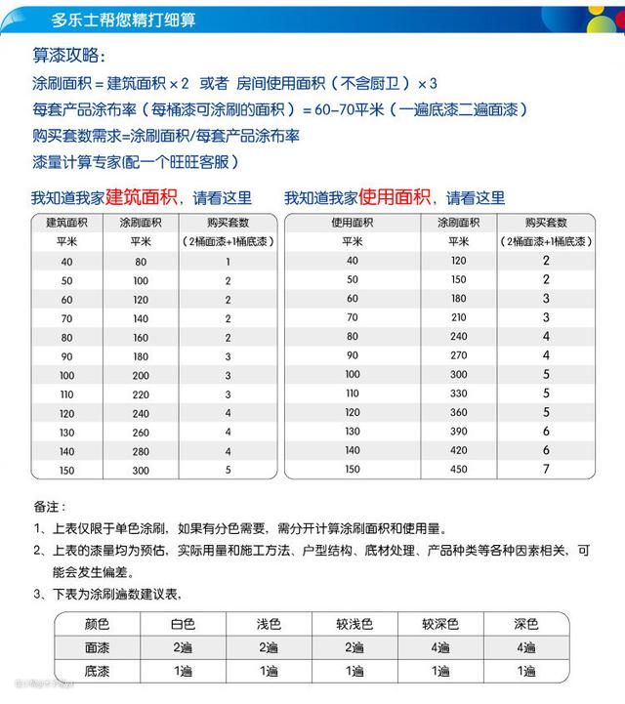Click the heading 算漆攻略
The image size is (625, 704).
71,57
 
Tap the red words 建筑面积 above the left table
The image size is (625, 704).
142,196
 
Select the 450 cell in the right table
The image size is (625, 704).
457,469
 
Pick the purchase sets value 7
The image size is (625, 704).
547,469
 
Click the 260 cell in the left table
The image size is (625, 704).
142,432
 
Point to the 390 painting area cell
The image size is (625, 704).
457,431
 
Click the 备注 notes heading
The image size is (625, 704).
50,508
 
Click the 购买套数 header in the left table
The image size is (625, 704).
228,224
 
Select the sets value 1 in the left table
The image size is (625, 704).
228,262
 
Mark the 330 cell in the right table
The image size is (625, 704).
457,393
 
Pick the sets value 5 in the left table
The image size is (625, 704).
228,469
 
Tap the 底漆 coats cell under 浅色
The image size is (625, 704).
269,671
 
